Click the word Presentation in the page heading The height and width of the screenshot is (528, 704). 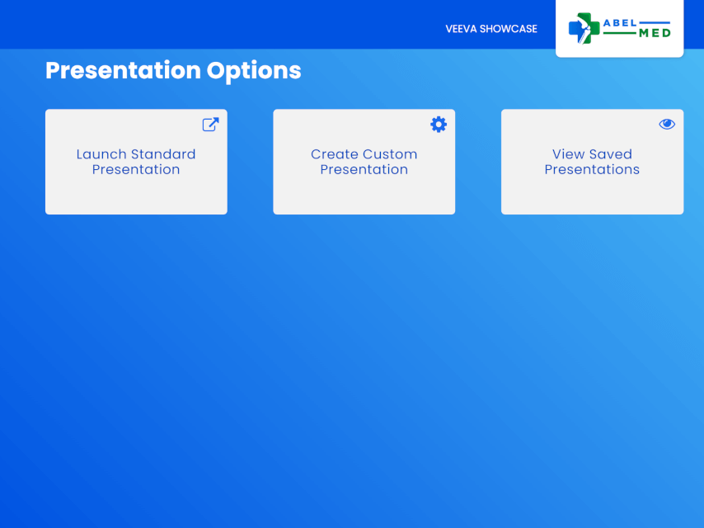(123, 71)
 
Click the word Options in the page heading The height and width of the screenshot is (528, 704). (254, 71)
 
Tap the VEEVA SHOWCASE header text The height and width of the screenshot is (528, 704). (491, 29)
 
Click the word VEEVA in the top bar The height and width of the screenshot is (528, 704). (461, 29)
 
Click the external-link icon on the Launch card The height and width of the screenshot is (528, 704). (210, 125)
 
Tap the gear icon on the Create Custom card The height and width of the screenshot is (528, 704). (439, 125)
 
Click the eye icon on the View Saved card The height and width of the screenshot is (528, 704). (667, 124)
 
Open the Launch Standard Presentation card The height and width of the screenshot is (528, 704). (136, 162)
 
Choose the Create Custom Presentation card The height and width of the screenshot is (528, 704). (364, 162)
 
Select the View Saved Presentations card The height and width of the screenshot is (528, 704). (592, 162)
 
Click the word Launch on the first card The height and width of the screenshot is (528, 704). (101, 154)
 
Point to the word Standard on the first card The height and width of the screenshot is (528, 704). (163, 154)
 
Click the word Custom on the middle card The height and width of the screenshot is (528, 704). (390, 154)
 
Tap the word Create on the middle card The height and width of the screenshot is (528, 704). (335, 154)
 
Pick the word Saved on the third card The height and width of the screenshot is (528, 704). (611, 154)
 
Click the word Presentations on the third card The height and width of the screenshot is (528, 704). (592, 169)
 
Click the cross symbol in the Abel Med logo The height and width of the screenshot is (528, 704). (584, 28)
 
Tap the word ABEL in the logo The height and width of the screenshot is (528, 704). (620, 23)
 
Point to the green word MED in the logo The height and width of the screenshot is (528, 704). (655, 33)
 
